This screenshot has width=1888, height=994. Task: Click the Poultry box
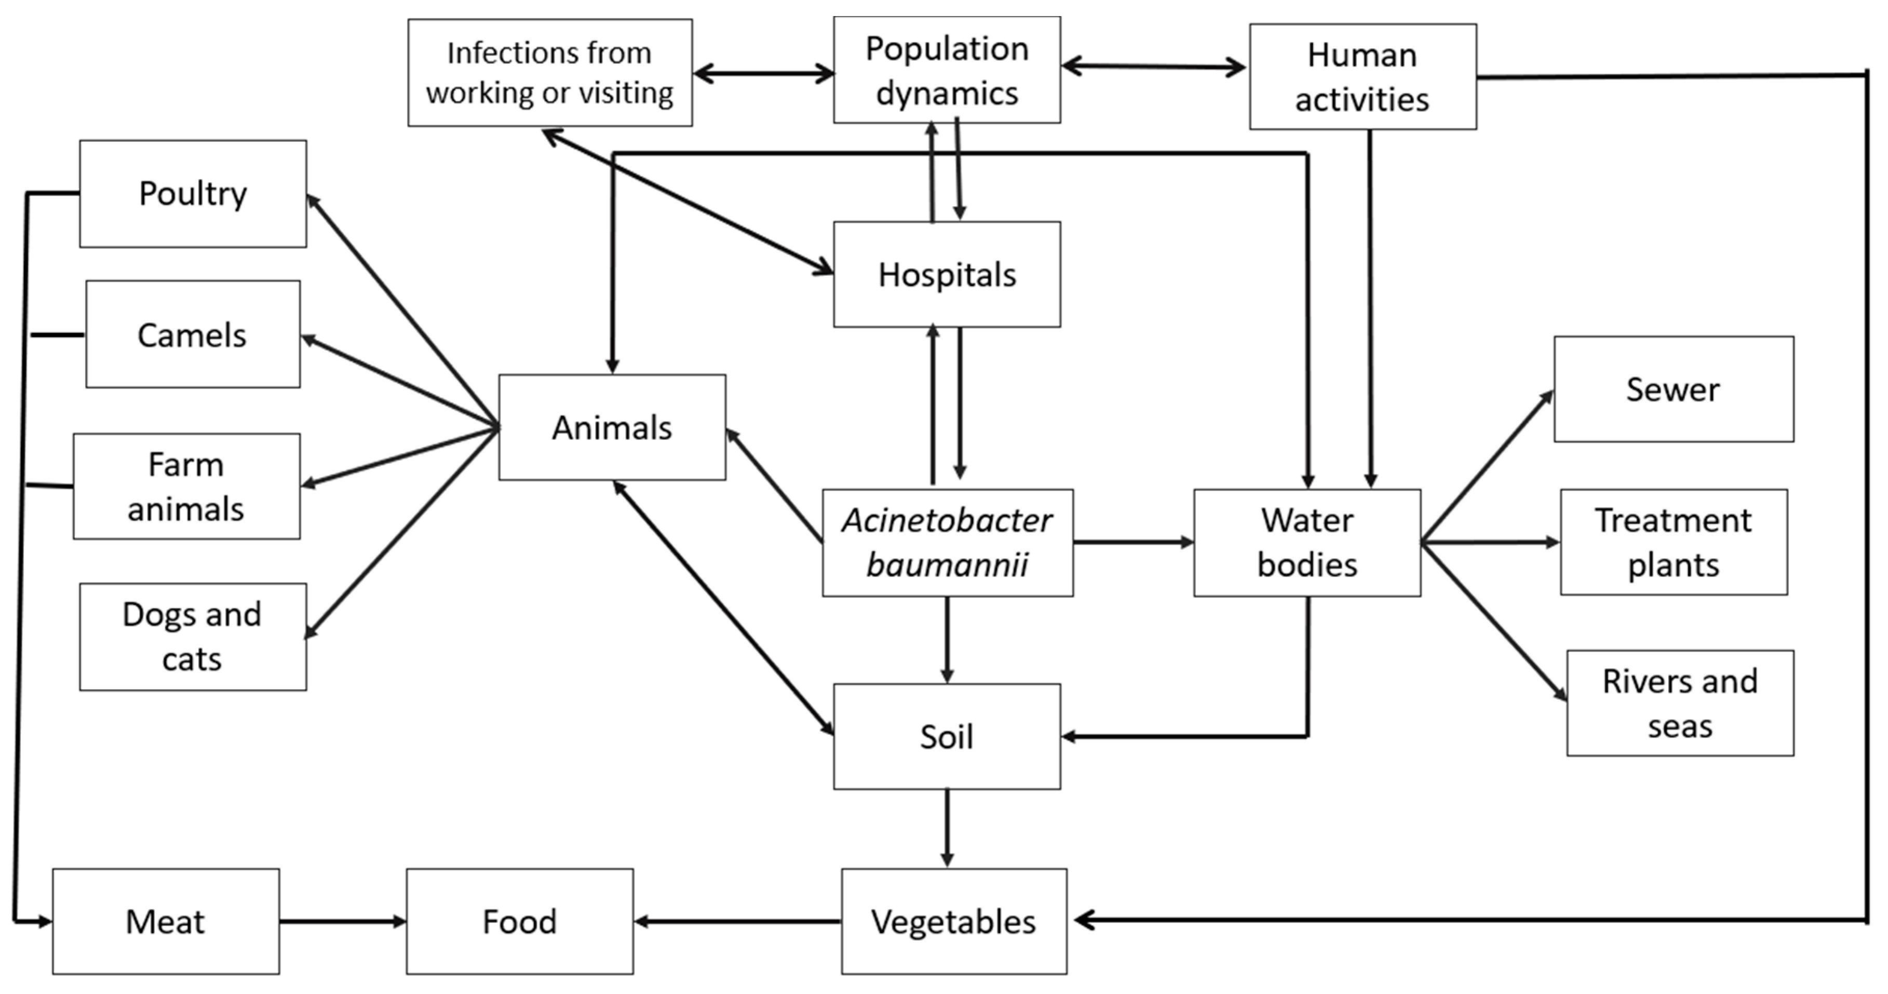(193, 194)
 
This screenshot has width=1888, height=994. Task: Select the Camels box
(193, 334)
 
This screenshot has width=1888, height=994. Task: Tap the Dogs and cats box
(193, 636)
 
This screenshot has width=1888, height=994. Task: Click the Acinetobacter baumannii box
(947, 543)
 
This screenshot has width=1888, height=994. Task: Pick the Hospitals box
(947, 274)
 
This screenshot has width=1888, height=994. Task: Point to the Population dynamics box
(947, 71)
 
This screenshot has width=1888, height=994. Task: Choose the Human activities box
(1363, 76)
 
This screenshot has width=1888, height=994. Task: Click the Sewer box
(1673, 389)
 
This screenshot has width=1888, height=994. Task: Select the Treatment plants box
(1673, 543)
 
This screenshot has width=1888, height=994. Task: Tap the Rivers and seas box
(1680, 703)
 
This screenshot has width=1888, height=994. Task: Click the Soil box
(947, 737)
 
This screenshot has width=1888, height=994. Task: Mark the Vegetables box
(953, 921)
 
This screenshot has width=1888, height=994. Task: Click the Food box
(520, 921)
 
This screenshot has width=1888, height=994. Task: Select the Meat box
(166, 921)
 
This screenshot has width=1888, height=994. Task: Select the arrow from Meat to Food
(342, 921)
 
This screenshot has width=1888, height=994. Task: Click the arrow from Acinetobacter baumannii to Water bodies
(1133, 543)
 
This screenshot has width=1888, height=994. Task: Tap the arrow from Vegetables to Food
(737, 921)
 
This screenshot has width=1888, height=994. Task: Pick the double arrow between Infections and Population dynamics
(763, 73)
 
